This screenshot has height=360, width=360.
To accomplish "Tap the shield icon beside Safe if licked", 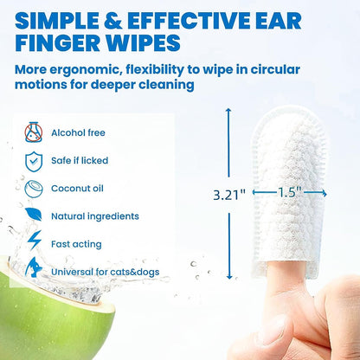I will tap(32, 161).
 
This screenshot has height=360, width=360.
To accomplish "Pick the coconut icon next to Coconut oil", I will tap(33, 189).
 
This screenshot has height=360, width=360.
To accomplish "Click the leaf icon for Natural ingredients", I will tap(32, 215).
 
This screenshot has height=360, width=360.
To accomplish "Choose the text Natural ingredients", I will tap(95, 216).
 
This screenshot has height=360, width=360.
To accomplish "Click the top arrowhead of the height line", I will tap(229, 112).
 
